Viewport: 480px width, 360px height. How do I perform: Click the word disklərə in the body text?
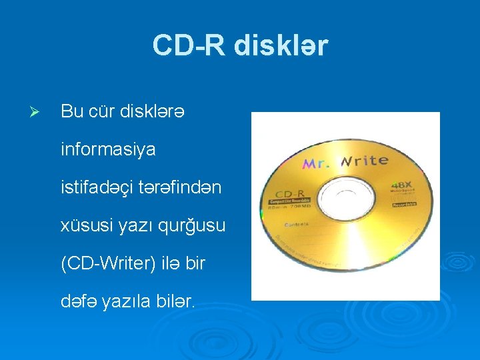pyautogui.click(x=153, y=111)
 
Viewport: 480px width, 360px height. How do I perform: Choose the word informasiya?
pyautogui.click(x=108, y=149)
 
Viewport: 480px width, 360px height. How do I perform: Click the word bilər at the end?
pyautogui.click(x=174, y=302)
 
